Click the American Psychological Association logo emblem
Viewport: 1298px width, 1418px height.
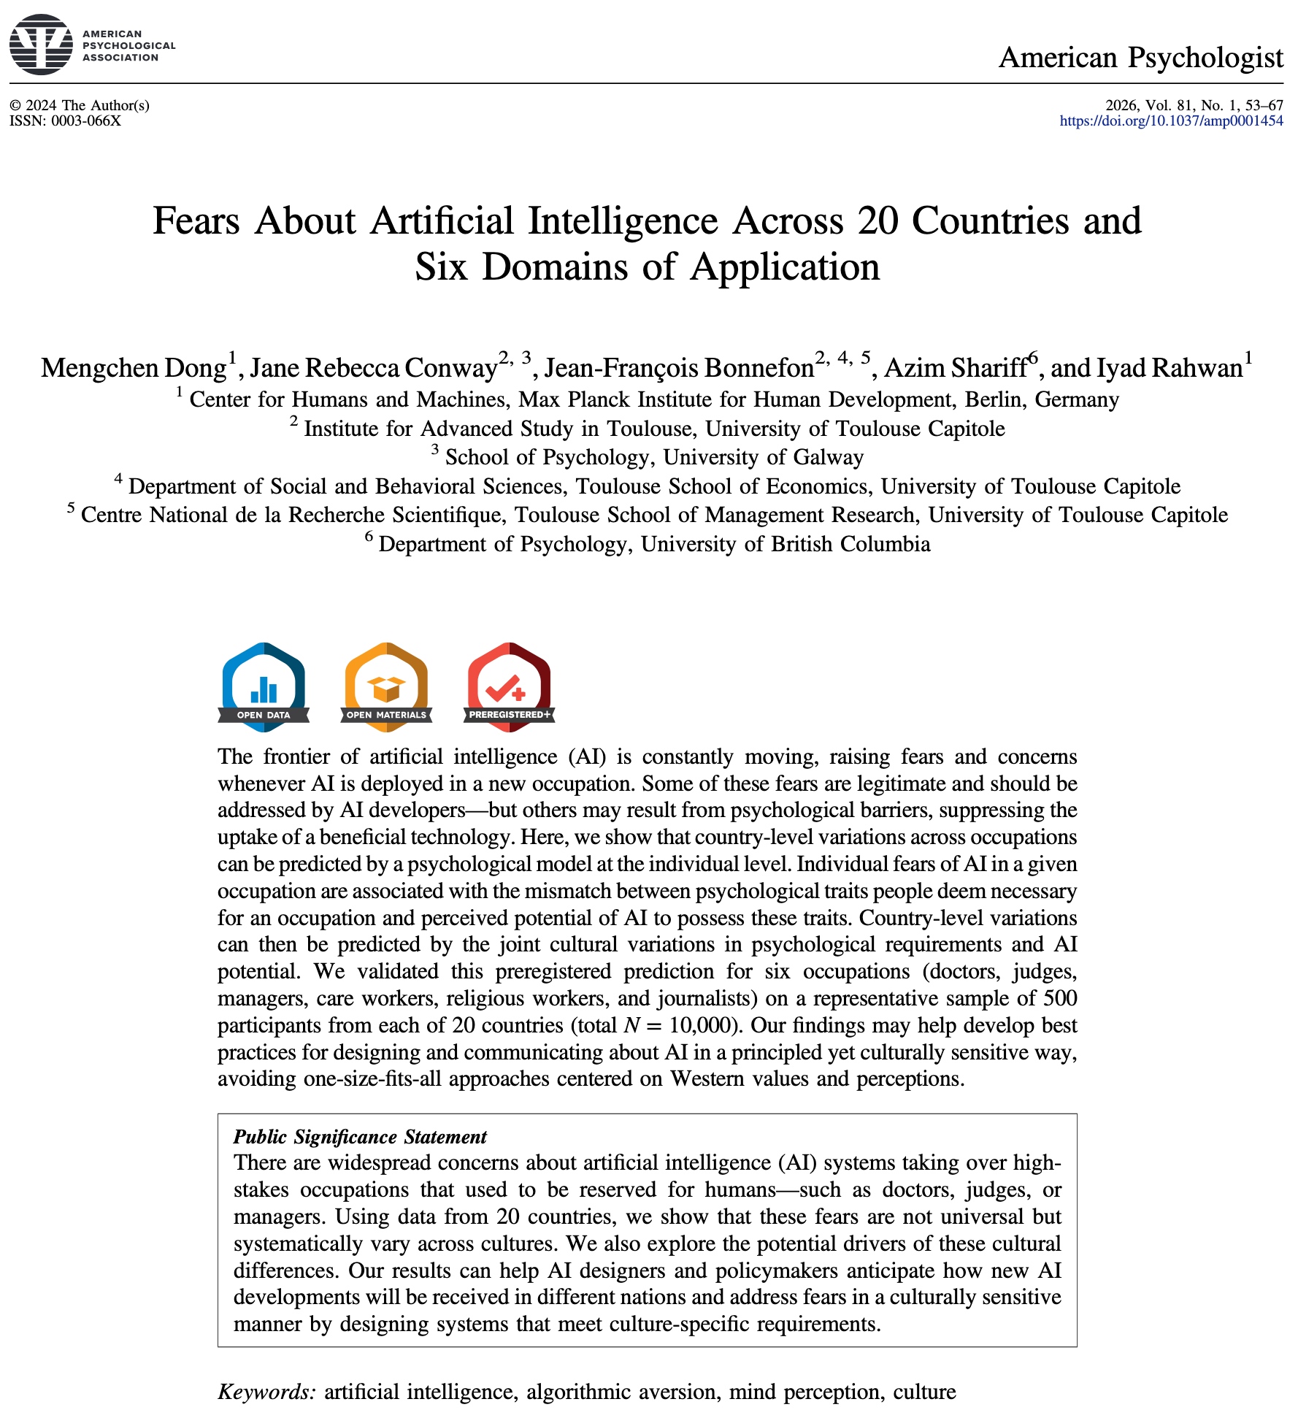click(42, 45)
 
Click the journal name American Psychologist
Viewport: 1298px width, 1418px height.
click(1140, 57)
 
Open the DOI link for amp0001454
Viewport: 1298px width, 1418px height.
click(1171, 121)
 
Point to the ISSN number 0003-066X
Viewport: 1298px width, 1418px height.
click(85, 121)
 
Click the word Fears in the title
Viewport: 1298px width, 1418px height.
click(196, 221)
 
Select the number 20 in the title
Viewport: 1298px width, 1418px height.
click(878, 221)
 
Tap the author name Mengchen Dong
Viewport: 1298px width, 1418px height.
click(134, 368)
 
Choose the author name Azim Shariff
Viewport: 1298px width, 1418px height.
click(956, 368)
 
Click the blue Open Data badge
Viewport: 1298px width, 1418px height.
click(264, 686)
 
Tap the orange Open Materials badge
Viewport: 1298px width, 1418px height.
click(386, 686)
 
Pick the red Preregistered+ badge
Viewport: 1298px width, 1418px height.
click(509, 686)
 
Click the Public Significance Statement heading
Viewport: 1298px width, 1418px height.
click(360, 1137)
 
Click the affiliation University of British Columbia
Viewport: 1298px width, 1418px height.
click(786, 544)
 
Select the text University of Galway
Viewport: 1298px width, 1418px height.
click(764, 457)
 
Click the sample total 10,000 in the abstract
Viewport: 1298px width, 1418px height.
click(700, 1025)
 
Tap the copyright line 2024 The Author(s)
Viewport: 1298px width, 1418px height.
click(87, 105)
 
